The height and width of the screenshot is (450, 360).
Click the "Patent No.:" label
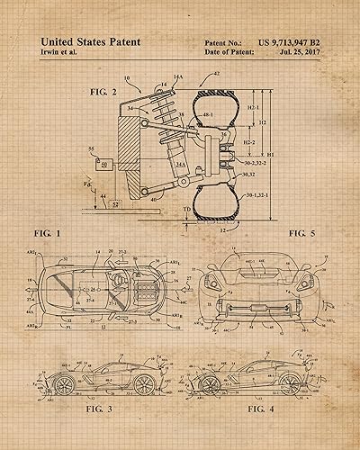[223, 41]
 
